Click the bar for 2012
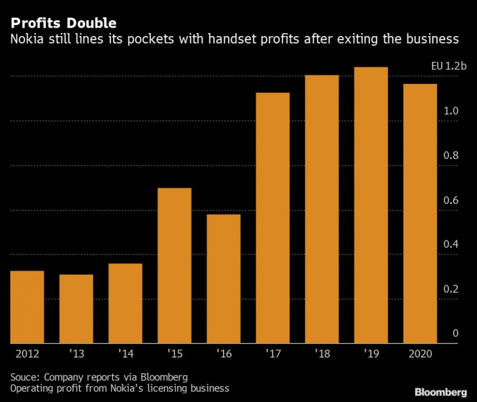point(27,307)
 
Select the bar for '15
point(175,265)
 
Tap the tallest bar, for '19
point(371,205)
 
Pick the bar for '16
point(224,278)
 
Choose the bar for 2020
point(420,214)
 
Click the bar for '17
point(273,218)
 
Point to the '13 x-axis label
point(76,354)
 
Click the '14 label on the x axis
point(125,354)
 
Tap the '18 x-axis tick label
point(322,354)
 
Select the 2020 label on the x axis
point(420,354)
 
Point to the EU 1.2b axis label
point(449,67)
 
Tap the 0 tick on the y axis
point(455,333)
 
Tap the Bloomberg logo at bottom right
point(440,392)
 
